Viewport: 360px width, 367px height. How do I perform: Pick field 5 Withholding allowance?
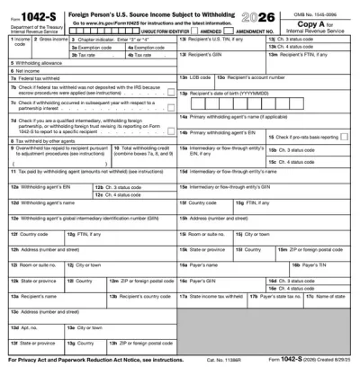point(90,62)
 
